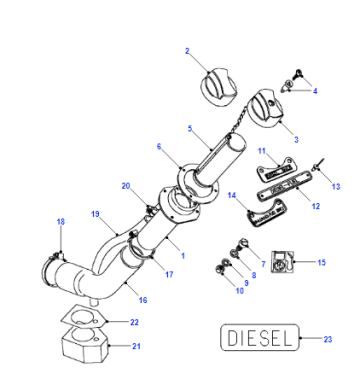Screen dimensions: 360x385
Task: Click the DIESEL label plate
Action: [x=260, y=337]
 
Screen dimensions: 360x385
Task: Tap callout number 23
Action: [x=328, y=339]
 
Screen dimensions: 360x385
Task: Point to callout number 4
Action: [x=315, y=91]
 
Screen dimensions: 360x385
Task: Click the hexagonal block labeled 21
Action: [x=86, y=348]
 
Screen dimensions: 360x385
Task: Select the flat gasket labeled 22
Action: [x=84, y=317]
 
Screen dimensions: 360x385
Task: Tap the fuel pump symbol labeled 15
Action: [x=282, y=262]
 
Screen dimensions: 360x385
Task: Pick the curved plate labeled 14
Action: [x=267, y=213]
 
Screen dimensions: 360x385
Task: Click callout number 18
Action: [x=61, y=222]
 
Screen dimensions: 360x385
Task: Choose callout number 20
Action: [x=126, y=186]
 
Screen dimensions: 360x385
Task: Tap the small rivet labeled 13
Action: [x=316, y=165]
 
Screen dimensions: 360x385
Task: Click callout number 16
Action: [x=143, y=300]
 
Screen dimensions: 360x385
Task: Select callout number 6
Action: [x=159, y=147]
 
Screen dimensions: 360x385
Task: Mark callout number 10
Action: [x=240, y=291]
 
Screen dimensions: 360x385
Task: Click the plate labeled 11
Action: [x=275, y=169]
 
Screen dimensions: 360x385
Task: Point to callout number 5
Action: [x=190, y=129]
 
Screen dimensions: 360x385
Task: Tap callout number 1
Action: [x=183, y=256]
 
